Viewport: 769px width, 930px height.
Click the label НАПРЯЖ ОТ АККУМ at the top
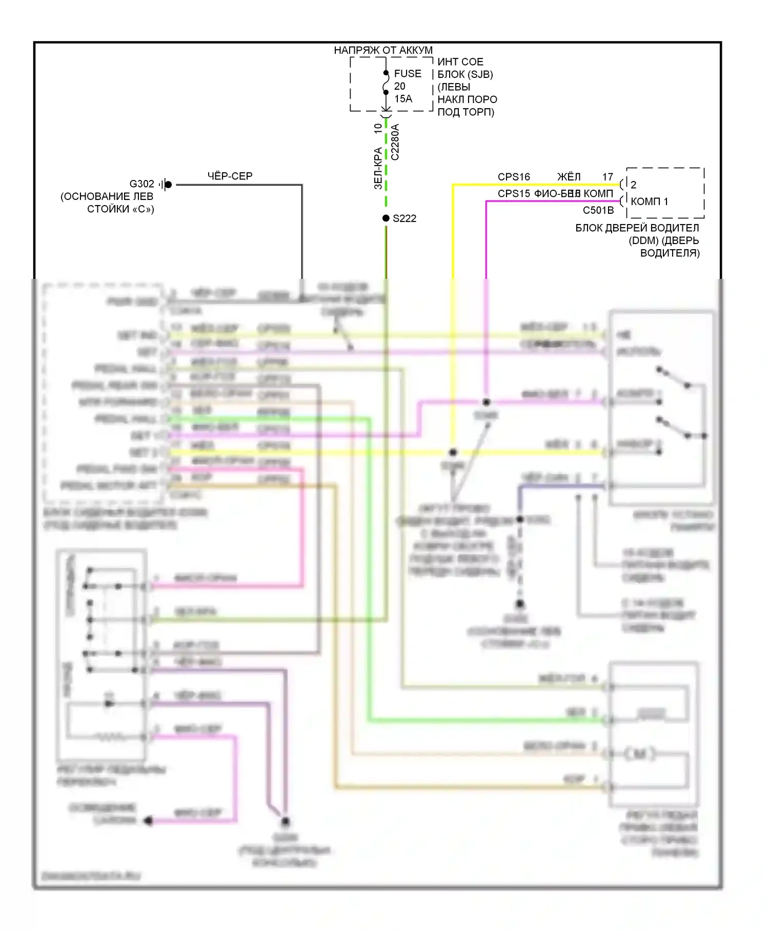point(383,50)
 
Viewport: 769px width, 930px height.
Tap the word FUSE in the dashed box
point(408,74)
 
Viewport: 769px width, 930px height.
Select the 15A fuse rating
point(403,98)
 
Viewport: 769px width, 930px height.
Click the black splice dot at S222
point(386,218)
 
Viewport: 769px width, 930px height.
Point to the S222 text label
point(404,218)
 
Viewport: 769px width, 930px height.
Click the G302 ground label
point(141,184)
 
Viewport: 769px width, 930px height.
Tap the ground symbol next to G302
point(166,185)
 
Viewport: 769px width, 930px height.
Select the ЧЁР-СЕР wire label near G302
point(230,176)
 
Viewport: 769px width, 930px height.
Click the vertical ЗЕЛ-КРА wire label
point(378,168)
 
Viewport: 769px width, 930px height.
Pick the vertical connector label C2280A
point(395,142)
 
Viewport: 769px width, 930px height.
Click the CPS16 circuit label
point(514,177)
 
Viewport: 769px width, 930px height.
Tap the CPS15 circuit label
point(514,194)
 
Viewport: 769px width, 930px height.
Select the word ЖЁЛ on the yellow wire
point(569,177)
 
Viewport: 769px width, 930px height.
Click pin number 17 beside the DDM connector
point(608,177)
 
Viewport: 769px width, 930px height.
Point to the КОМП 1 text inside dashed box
point(649,201)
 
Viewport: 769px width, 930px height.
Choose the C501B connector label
point(598,210)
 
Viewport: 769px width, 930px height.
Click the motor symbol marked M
point(639,754)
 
